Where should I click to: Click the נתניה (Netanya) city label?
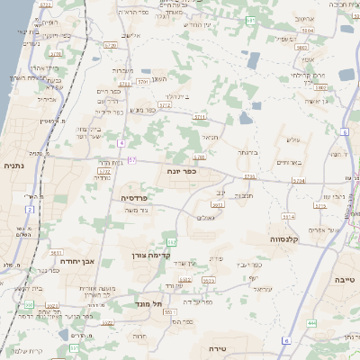pyautogui.click(x=14, y=166)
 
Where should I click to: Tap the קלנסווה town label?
pyautogui.click(x=283, y=240)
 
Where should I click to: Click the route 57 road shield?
pyautogui.click(x=132, y=160)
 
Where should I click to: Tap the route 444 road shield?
pyautogui.click(x=311, y=322)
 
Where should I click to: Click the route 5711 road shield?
pyautogui.click(x=199, y=117)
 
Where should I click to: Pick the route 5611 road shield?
pyautogui.click(x=56, y=255)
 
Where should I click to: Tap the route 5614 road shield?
pyautogui.click(x=287, y=217)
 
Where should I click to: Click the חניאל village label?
pyautogui.click(x=208, y=137)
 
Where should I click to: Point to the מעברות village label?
pyautogui.click(x=123, y=69)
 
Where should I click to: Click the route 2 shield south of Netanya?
pyautogui.click(x=30, y=210)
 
